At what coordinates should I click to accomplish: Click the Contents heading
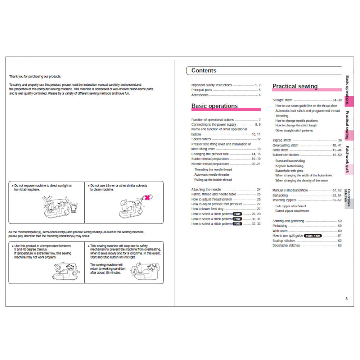pyautogui.click(x=204, y=71)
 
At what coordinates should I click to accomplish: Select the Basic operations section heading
pyautogui.click(x=214, y=106)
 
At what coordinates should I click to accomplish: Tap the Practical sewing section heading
pyautogui.click(x=295, y=86)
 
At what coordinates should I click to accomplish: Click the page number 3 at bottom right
pyautogui.click(x=346, y=298)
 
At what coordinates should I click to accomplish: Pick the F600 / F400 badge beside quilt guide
pyautogui.click(x=312, y=236)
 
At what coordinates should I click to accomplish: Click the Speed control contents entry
pyautogui.click(x=201, y=139)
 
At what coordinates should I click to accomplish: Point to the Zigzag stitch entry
pyautogui.click(x=282, y=140)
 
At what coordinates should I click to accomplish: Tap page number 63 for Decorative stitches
pyautogui.click(x=339, y=246)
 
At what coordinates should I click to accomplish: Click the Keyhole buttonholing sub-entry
pyautogui.click(x=289, y=166)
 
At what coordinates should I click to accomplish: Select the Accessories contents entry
pyautogui.click(x=200, y=95)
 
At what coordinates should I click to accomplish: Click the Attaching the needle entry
pyautogui.click(x=206, y=189)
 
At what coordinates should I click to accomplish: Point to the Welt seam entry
pyautogui.click(x=280, y=231)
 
